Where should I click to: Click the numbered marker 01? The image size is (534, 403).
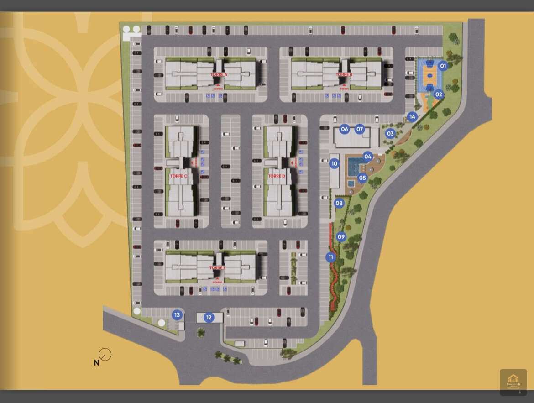[443, 66]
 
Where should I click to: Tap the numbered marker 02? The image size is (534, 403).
[439, 95]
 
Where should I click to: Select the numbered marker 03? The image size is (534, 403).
[390, 134]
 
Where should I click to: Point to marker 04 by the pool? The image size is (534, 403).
[368, 157]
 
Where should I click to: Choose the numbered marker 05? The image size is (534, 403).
[362, 178]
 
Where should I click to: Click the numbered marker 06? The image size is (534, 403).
[345, 129]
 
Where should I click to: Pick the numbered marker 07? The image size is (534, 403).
[360, 129]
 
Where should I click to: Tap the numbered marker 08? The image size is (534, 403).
[339, 204]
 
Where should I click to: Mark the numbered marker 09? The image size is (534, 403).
[341, 237]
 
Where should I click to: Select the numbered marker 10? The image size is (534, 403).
[335, 163]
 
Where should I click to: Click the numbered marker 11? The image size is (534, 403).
[331, 257]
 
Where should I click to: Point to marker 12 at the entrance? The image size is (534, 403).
[209, 318]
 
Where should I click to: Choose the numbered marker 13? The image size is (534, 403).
[177, 315]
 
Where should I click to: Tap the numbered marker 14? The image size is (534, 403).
[412, 117]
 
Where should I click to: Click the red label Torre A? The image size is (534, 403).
[219, 74]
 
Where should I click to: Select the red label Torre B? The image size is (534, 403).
[344, 74]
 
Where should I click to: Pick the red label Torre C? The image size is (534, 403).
[179, 176]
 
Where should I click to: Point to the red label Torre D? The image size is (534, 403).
[277, 176]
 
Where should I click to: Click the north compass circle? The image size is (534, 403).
[105, 355]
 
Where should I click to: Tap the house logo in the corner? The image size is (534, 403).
[513, 382]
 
